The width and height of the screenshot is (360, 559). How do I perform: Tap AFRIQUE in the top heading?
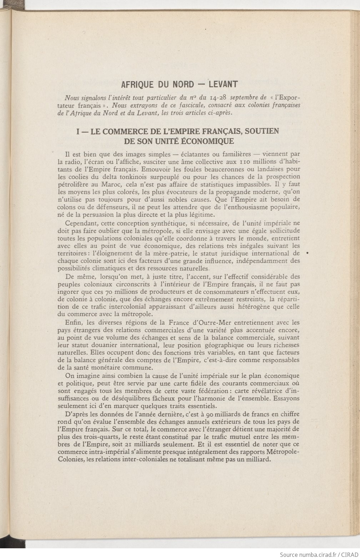coord(137,85)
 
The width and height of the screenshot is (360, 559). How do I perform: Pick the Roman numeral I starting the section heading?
coord(78,131)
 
